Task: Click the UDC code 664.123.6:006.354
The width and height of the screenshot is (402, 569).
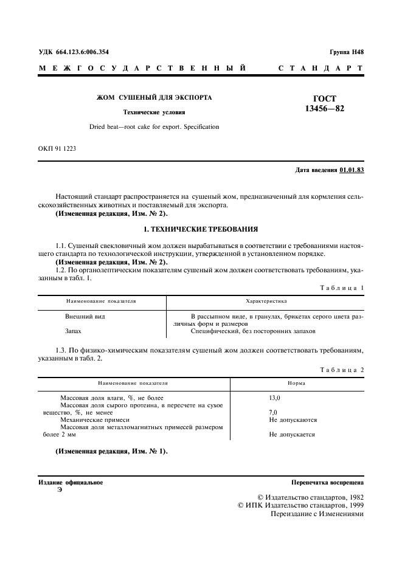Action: [x=82, y=52]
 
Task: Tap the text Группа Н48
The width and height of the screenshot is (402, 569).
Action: [x=347, y=52]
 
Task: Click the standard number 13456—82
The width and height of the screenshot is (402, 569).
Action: [x=328, y=109]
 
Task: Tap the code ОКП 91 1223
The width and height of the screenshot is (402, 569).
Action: [x=57, y=148]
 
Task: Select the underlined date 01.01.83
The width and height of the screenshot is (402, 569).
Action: [x=352, y=170]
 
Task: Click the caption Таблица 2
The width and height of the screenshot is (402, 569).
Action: [x=343, y=370]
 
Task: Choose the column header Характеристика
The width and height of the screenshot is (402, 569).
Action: [x=266, y=301]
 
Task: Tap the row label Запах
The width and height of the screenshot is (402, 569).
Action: [x=74, y=331]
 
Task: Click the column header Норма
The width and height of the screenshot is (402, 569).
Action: [x=296, y=384]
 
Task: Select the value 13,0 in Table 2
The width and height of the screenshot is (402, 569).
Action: [x=275, y=398]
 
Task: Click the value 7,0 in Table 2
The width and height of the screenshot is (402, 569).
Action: [x=272, y=412]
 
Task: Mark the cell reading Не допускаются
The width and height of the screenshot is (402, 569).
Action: [x=293, y=419]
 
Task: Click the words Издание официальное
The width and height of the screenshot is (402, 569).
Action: [x=71, y=482]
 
